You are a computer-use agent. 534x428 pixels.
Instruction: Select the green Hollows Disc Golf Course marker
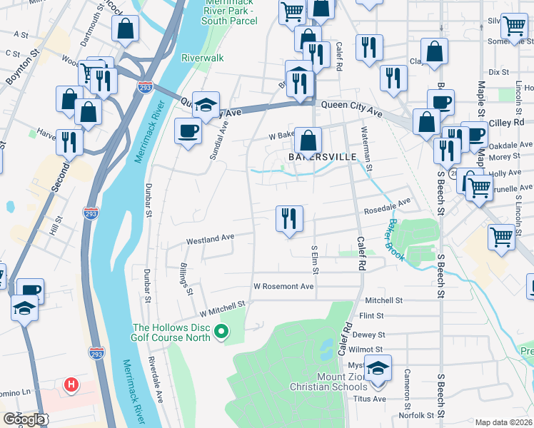point(221,331)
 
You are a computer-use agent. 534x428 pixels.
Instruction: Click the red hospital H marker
point(71,386)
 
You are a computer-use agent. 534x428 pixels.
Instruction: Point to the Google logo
point(23,419)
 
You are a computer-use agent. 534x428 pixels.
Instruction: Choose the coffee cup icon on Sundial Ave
point(188,131)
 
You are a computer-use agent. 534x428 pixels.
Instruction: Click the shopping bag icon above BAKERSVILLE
point(308,140)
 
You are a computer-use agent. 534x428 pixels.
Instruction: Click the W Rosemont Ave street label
point(283,286)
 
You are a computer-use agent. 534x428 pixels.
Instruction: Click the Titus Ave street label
point(371,399)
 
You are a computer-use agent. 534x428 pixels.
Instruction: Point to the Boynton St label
point(19,67)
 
